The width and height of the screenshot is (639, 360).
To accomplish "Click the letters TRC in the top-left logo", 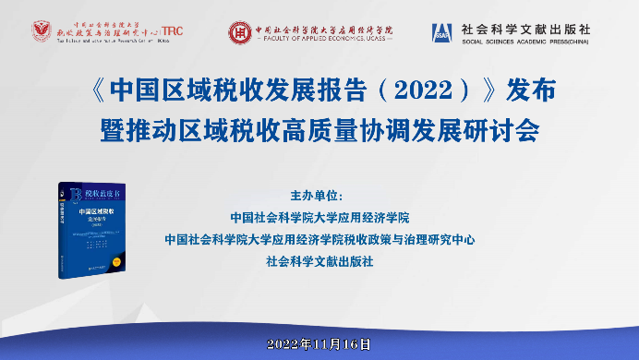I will coord(171,30).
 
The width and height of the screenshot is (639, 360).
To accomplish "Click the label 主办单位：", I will coord(317,197).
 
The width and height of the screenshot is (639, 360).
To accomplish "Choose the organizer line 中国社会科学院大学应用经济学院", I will coord(319,218).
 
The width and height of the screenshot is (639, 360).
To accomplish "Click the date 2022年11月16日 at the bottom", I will coord(319,343).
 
